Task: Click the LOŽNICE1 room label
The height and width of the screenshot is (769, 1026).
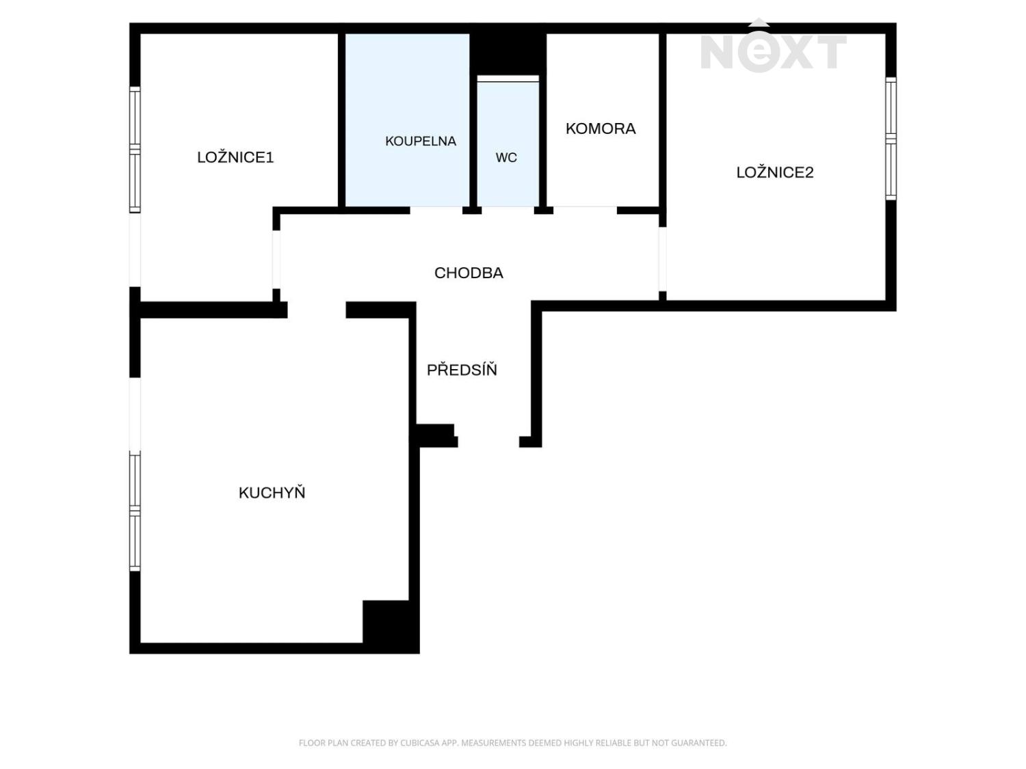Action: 235,157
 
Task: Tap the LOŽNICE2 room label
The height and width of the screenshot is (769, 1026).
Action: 774,172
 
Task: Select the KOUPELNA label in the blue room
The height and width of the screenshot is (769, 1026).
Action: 420,141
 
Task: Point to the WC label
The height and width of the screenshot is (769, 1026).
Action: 506,157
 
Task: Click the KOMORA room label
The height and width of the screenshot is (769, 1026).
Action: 600,129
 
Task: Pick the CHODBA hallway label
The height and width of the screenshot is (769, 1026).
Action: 469,273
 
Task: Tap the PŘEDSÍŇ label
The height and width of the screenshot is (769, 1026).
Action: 461,369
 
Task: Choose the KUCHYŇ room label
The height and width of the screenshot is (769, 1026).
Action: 272,492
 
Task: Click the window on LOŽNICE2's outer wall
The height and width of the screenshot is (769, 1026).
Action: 891,139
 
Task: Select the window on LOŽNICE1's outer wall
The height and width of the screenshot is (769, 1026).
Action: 135,150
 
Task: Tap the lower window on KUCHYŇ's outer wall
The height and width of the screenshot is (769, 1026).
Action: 135,511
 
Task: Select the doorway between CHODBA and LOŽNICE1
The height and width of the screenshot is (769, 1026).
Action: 276,260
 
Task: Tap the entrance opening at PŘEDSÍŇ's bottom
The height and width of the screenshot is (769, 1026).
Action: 488,442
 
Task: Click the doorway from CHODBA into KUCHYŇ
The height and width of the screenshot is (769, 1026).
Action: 317,310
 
